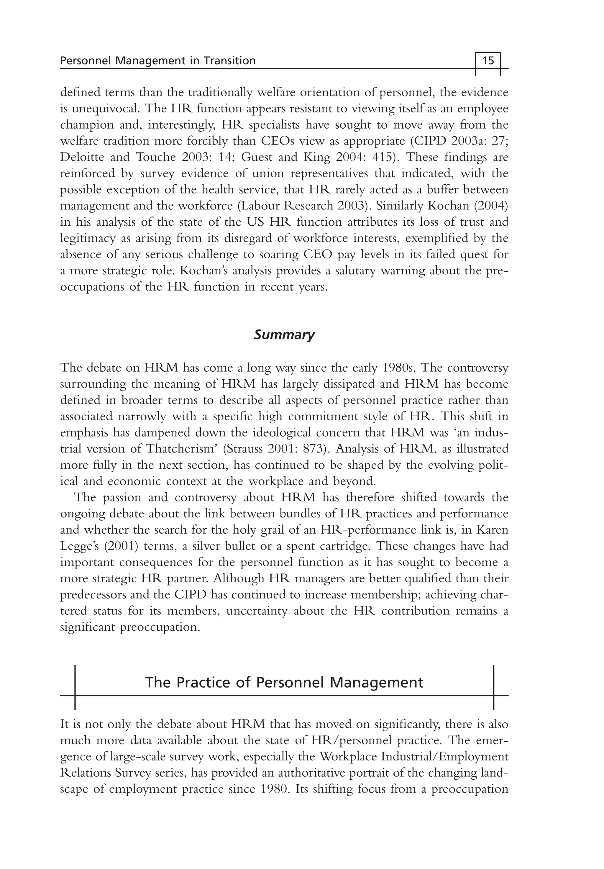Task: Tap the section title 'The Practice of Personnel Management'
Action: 284,682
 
